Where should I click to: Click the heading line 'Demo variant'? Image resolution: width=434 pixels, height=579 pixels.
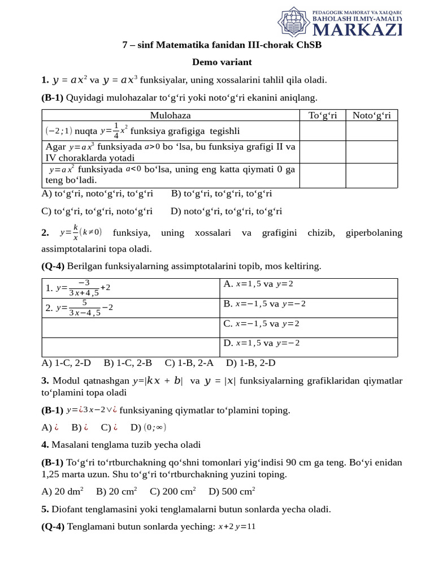coord(222,62)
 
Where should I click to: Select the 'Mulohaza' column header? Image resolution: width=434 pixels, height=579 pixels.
coord(170,115)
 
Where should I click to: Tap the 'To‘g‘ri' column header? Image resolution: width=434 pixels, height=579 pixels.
coord(322,115)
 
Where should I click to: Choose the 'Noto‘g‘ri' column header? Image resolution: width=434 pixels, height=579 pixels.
coord(371,115)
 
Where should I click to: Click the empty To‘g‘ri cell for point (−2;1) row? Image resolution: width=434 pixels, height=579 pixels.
coord(322,131)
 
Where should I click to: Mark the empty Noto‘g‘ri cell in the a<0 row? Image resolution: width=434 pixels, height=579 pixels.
coord(371,175)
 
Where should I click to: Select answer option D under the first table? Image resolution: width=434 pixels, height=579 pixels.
coord(226,211)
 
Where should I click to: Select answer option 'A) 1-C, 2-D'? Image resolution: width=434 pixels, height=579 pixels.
coord(66,363)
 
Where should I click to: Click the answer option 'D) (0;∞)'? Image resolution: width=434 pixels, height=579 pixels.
coord(148,427)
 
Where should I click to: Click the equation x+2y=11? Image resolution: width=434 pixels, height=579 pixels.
coord(237,526)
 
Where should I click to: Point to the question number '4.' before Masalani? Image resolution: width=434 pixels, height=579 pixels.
coord(45,445)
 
